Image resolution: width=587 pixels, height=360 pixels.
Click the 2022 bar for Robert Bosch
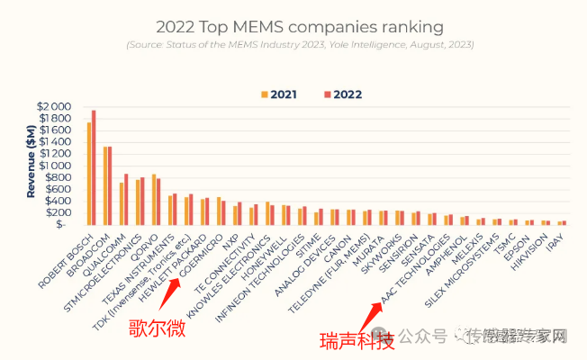pos(93,167)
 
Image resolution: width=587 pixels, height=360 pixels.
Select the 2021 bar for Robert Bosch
pos(88,174)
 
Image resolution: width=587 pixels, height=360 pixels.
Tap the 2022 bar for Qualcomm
pos(126,199)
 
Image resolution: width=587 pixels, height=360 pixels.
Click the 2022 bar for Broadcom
pos(110,185)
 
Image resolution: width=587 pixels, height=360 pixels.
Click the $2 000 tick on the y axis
pos(53,107)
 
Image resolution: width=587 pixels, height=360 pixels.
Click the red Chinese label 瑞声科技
pos(357,342)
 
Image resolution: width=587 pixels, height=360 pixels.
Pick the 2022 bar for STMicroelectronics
pos(142,201)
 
